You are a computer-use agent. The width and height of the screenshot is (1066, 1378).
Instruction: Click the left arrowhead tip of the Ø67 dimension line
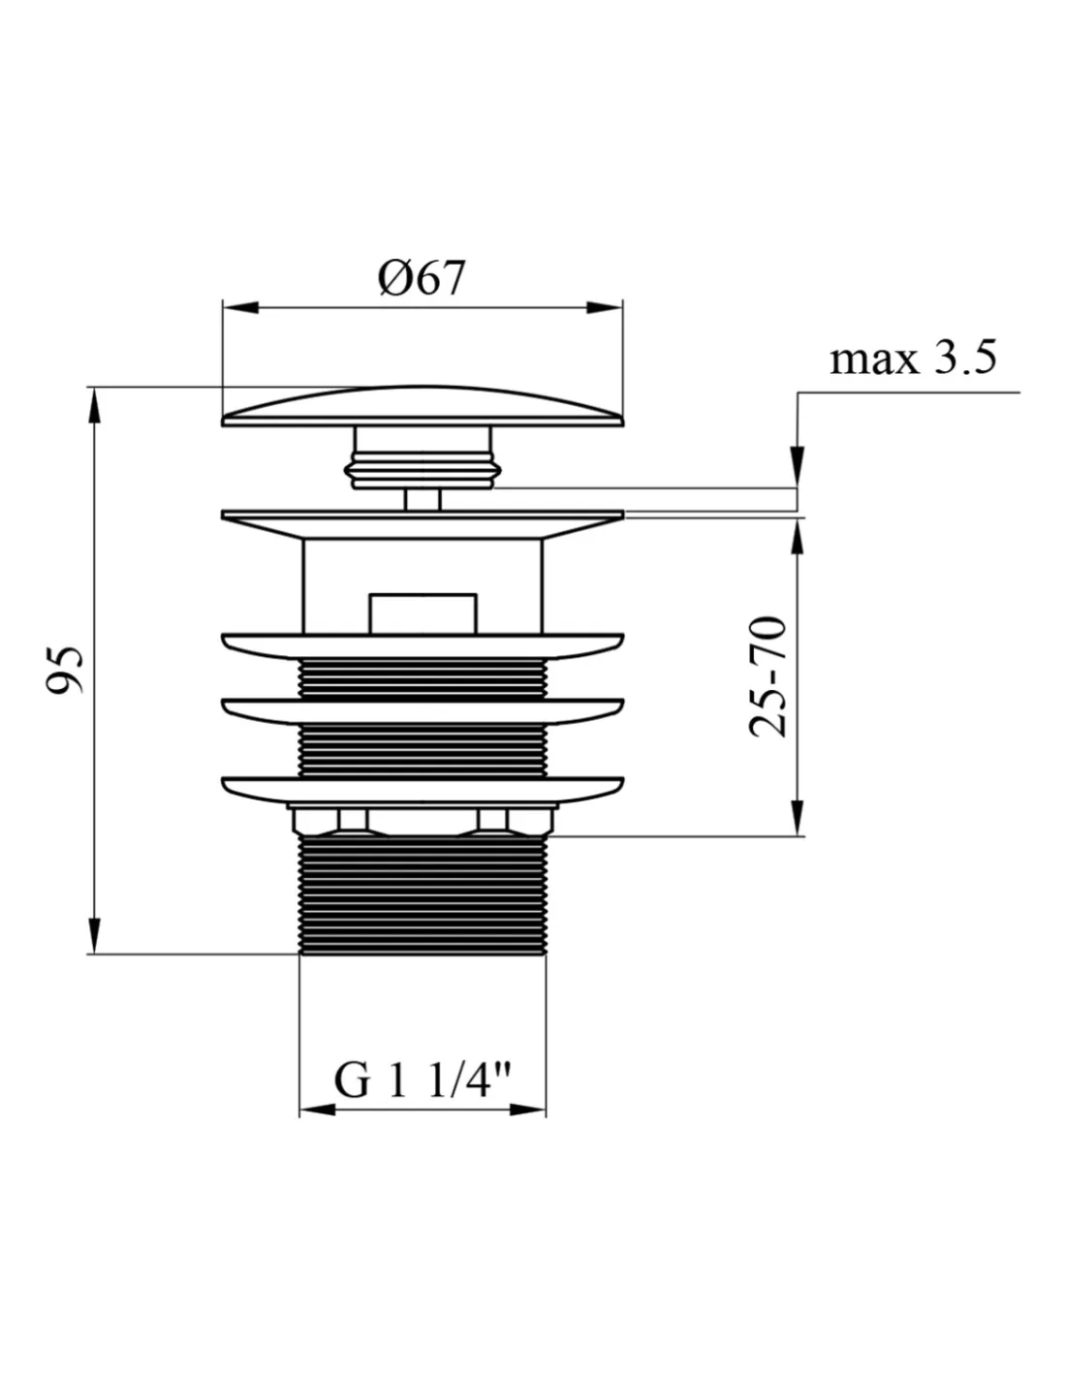pos(223,308)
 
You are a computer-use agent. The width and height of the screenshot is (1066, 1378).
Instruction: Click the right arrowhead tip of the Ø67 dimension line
pos(622,308)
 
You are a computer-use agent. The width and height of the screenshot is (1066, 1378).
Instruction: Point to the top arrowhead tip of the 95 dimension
pos(95,388)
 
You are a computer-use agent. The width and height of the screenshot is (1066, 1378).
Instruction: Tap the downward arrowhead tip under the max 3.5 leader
pos(798,487)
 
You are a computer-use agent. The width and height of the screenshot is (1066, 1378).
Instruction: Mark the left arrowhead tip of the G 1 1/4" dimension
pos(299,1110)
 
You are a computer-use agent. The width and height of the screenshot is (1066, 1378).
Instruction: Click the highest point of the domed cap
pos(411,386)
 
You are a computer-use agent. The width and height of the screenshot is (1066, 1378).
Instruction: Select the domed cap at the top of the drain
pos(423,405)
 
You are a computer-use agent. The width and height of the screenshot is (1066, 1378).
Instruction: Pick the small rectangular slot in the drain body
pos(423,613)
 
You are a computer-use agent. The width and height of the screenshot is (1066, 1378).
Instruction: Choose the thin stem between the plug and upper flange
pos(422,499)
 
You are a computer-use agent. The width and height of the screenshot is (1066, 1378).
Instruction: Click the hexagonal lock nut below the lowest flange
pos(423,819)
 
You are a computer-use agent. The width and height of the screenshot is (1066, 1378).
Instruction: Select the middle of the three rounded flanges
pos(423,711)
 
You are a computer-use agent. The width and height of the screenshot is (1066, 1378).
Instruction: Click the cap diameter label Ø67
pos(422,278)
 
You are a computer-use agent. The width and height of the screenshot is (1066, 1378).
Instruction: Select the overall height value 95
pos(65,670)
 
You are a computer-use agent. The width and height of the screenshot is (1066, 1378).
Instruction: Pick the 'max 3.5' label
pos(913,359)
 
